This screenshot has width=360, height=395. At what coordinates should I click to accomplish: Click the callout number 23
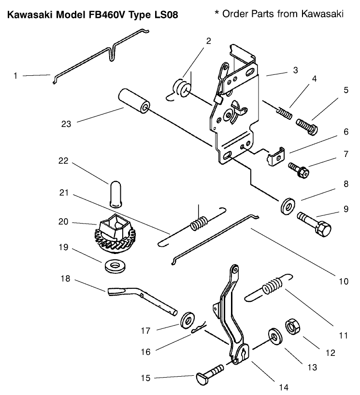pos(66,124)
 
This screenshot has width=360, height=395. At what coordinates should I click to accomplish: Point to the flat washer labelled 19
pos(114,265)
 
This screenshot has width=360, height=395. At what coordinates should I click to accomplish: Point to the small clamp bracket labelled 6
pos(274,157)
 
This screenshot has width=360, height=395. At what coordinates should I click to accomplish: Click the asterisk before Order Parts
pos(217,13)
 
